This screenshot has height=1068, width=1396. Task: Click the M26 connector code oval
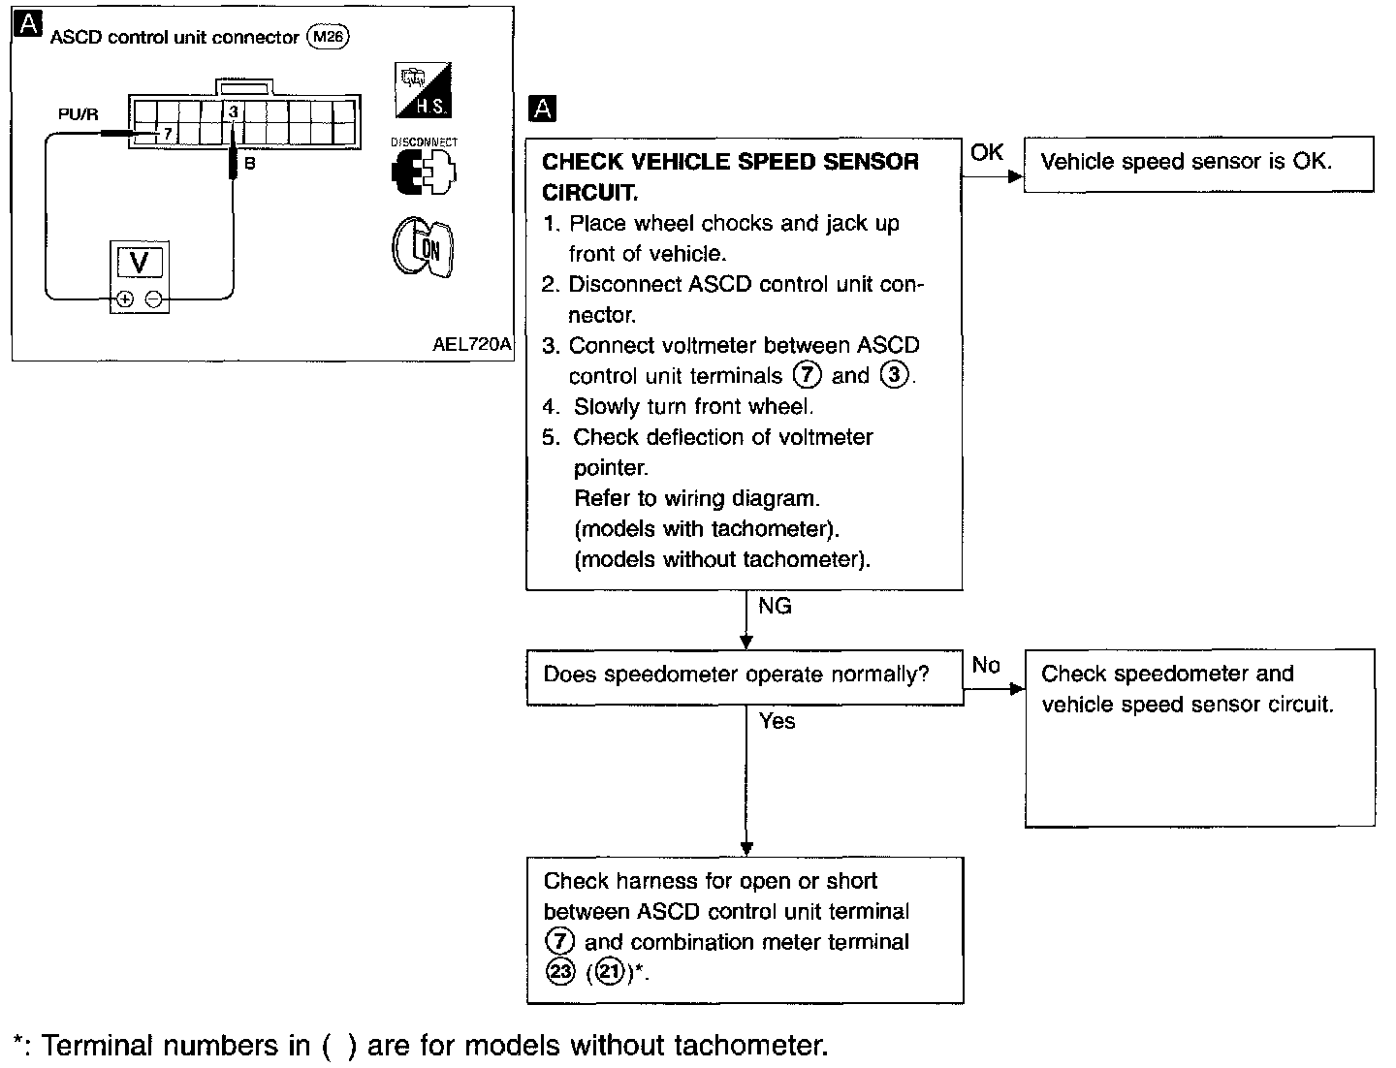(329, 36)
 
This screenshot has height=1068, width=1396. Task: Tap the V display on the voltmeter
(140, 262)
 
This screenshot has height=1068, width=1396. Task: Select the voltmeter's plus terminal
(125, 298)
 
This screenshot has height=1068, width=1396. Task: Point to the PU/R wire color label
(79, 114)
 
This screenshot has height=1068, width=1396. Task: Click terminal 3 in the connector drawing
(234, 111)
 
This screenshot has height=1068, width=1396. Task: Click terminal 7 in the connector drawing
(168, 134)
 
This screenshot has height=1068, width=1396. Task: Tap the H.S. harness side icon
(423, 89)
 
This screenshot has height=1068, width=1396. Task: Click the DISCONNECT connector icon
(424, 167)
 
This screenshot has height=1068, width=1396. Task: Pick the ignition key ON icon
(423, 247)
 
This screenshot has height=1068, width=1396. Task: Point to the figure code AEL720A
(471, 344)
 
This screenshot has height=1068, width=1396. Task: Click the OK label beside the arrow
(987, 152)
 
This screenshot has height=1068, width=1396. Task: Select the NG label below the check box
(775, 606)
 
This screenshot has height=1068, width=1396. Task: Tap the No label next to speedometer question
(986, 665)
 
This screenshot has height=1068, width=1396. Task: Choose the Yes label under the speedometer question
(777, 721)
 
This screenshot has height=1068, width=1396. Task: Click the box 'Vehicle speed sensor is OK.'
(1199, 164)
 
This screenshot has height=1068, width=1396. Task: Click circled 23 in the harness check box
(560, 972)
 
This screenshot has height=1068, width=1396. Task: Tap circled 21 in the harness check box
(609, 972)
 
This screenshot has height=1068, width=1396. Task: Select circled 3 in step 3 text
(894, 374)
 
